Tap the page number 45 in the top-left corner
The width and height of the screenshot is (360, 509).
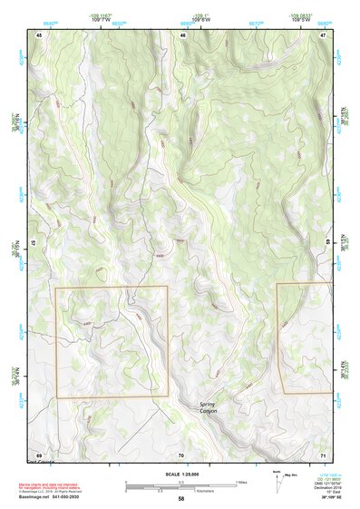point(39,34)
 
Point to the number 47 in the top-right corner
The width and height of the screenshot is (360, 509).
point(324,34)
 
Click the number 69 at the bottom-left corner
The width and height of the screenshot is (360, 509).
point(39,454)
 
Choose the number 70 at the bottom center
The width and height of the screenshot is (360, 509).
point(181,454)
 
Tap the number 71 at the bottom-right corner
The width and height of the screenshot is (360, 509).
point(324,454)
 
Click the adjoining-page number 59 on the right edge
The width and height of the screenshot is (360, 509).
point(326,242)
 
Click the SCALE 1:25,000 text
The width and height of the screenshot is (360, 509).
point(180,474)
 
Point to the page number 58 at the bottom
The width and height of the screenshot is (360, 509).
point(181,499)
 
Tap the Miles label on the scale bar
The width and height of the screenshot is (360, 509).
point(241,481)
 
